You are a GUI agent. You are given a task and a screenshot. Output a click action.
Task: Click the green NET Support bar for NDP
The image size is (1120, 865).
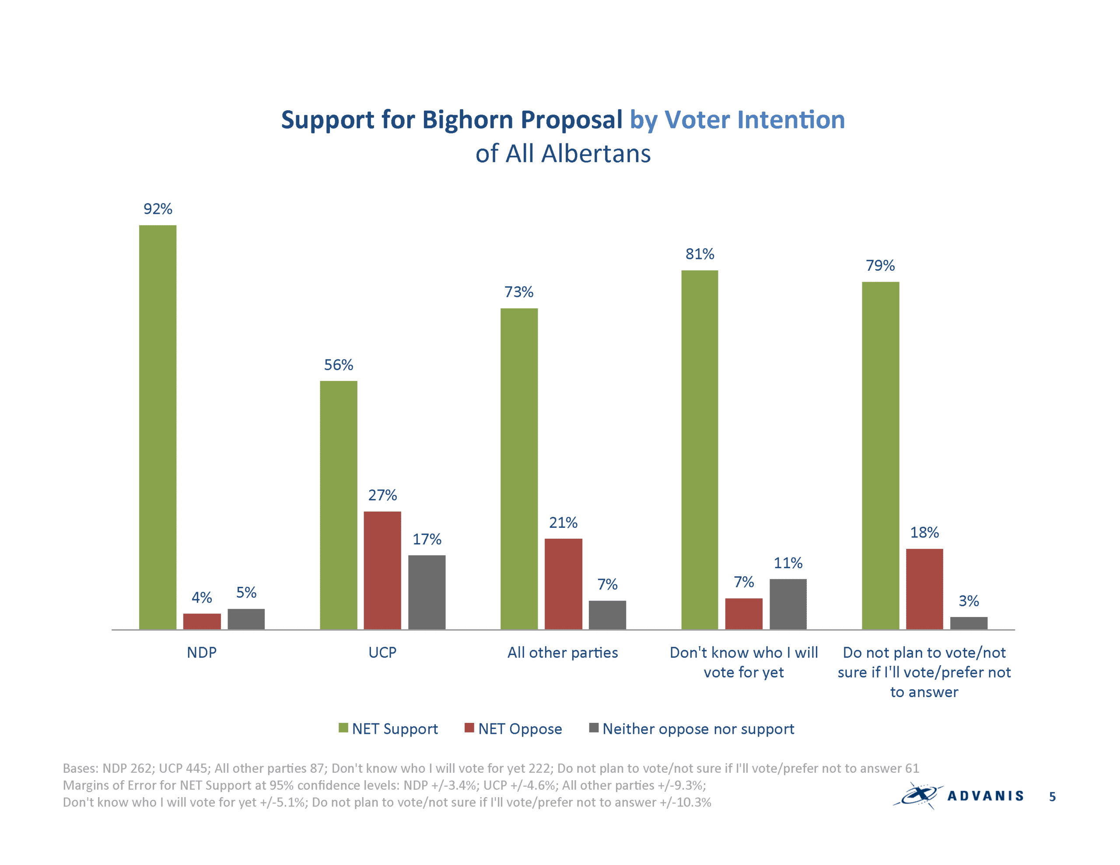(157, 427)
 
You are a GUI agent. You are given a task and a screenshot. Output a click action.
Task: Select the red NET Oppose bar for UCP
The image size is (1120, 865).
(382, 570)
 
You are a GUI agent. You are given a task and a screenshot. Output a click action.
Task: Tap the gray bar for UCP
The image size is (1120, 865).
(427, 592)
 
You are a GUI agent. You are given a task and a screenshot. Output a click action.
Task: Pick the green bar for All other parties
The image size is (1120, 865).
(519, 469)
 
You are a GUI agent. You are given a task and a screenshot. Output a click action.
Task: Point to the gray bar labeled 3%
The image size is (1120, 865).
(969, 623)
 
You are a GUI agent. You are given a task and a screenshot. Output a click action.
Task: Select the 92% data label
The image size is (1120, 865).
(158, 209)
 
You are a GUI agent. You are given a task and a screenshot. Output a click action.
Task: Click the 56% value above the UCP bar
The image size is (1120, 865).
(339, 365)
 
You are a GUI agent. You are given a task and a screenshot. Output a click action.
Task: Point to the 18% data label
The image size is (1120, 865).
(924, 532)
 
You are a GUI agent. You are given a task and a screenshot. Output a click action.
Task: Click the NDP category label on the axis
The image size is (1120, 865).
(202, 653)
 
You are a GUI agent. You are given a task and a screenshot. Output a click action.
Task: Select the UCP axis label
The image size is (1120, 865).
(382, 653)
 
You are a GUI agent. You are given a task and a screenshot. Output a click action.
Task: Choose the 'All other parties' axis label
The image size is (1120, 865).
(563, 653)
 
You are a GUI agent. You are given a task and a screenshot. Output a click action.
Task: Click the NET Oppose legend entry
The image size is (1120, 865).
(513, 729)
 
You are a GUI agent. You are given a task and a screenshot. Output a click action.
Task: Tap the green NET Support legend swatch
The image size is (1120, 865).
(343, 728)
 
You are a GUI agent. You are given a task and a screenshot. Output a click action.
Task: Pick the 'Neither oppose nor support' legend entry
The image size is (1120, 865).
(692, 729)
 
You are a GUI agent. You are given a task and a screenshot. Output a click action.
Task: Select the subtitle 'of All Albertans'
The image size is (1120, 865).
(563, 153)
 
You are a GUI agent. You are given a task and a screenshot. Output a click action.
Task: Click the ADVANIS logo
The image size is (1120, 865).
(958, 795)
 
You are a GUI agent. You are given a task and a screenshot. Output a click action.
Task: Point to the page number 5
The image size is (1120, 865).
(1052, 796)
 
